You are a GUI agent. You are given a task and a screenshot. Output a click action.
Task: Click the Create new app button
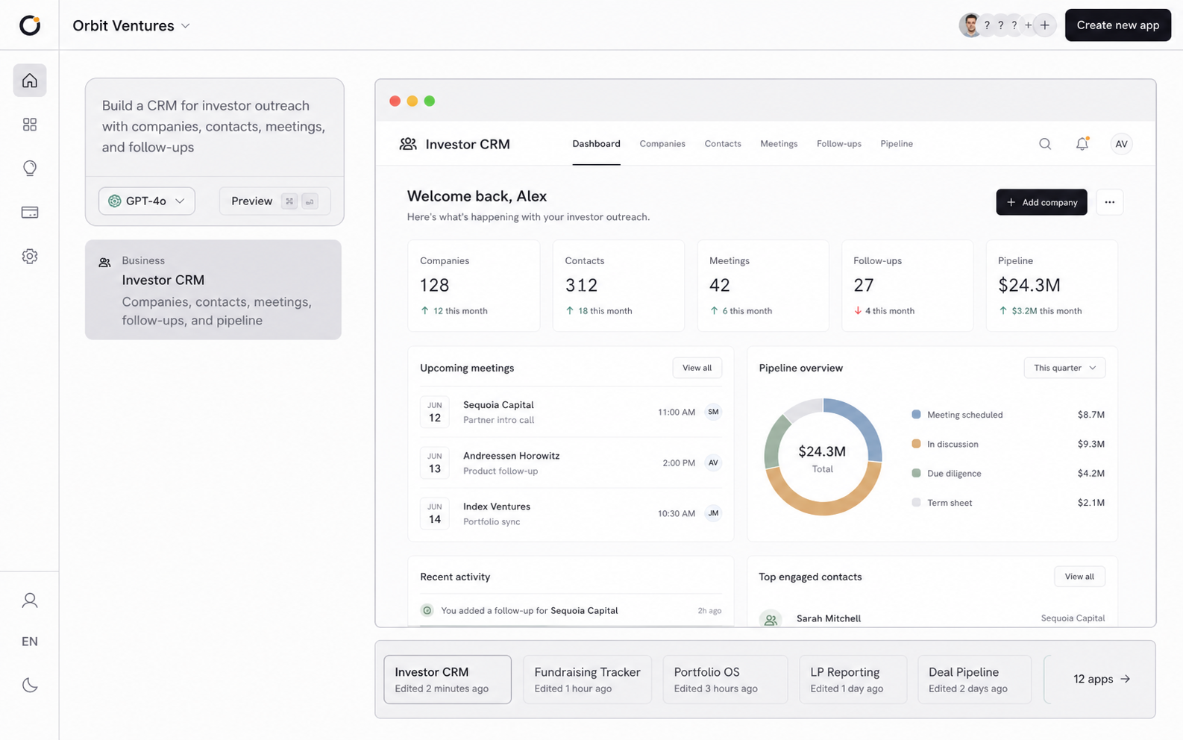click(1117, 25)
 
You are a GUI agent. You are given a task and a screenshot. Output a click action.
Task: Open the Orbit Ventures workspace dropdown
click(131, 25)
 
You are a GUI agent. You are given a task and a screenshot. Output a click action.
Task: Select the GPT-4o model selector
click(147, 201)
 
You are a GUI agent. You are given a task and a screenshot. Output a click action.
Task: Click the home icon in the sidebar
click(30, 81)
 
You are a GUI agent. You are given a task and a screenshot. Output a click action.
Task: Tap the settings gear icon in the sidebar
click(30, 256)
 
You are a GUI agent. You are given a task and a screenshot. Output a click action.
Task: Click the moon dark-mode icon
click(30, 685)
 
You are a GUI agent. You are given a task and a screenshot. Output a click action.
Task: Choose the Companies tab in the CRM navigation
click(662, 144)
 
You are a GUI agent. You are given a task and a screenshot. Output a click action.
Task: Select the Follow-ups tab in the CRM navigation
click(838, 144)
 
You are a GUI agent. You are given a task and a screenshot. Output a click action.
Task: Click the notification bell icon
click(1082, 143)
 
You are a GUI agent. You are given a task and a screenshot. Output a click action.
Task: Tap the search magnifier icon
click(1044, 144)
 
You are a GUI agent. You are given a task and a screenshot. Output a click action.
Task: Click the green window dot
click(430, 101)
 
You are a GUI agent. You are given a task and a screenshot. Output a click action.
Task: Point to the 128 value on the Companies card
click(434, 285)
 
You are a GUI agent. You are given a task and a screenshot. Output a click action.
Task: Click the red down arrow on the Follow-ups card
click(858, 310)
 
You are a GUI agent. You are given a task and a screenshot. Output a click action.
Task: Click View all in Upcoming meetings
click(697, 368)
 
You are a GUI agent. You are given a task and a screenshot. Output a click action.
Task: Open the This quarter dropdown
click(1064, 368)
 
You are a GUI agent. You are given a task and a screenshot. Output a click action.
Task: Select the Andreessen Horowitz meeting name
click(511, 455)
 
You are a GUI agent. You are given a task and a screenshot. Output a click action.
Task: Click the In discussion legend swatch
click(916, 444)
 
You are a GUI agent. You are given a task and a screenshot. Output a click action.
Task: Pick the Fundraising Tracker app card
click(587, 680)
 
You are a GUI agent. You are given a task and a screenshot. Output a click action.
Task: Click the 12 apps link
click(1101, 679)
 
